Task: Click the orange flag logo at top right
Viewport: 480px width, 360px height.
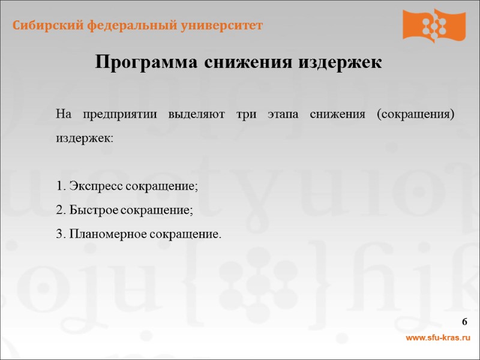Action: (434, 25)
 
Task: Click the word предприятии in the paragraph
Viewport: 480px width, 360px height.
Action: (120, 114)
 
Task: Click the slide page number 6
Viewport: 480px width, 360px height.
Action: (465, 323)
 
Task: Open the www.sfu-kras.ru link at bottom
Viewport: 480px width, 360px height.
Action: (438, 338)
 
